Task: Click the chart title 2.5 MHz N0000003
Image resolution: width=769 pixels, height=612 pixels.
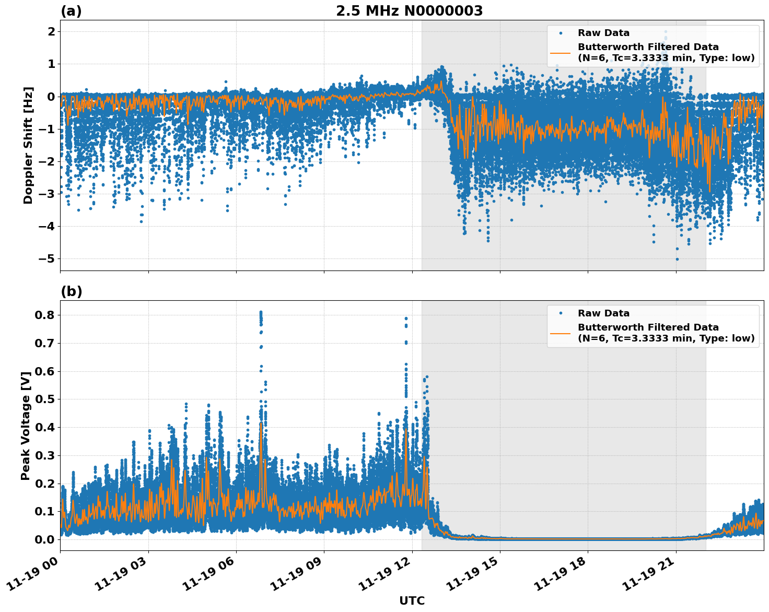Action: (409, 11)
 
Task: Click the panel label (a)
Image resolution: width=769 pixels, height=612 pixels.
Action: (71, 11)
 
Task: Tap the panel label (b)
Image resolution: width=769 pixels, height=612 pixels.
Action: (71, 291)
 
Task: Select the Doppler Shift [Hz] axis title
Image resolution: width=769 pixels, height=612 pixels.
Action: (28, 145)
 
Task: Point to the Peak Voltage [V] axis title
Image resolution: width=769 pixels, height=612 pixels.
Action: (25, 426)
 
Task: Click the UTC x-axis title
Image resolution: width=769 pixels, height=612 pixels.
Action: (412, 601)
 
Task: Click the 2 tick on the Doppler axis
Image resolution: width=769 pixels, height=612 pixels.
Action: (51, 31)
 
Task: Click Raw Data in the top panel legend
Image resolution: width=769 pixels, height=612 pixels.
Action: (603, 33)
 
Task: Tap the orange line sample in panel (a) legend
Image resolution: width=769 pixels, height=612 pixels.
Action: (560, 53)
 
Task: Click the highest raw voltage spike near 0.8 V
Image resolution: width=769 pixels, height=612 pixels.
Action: (261, 312)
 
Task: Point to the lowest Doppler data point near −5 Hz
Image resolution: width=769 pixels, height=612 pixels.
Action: (677, 259)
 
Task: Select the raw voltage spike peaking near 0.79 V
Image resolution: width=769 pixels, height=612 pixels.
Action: (406, 318)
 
